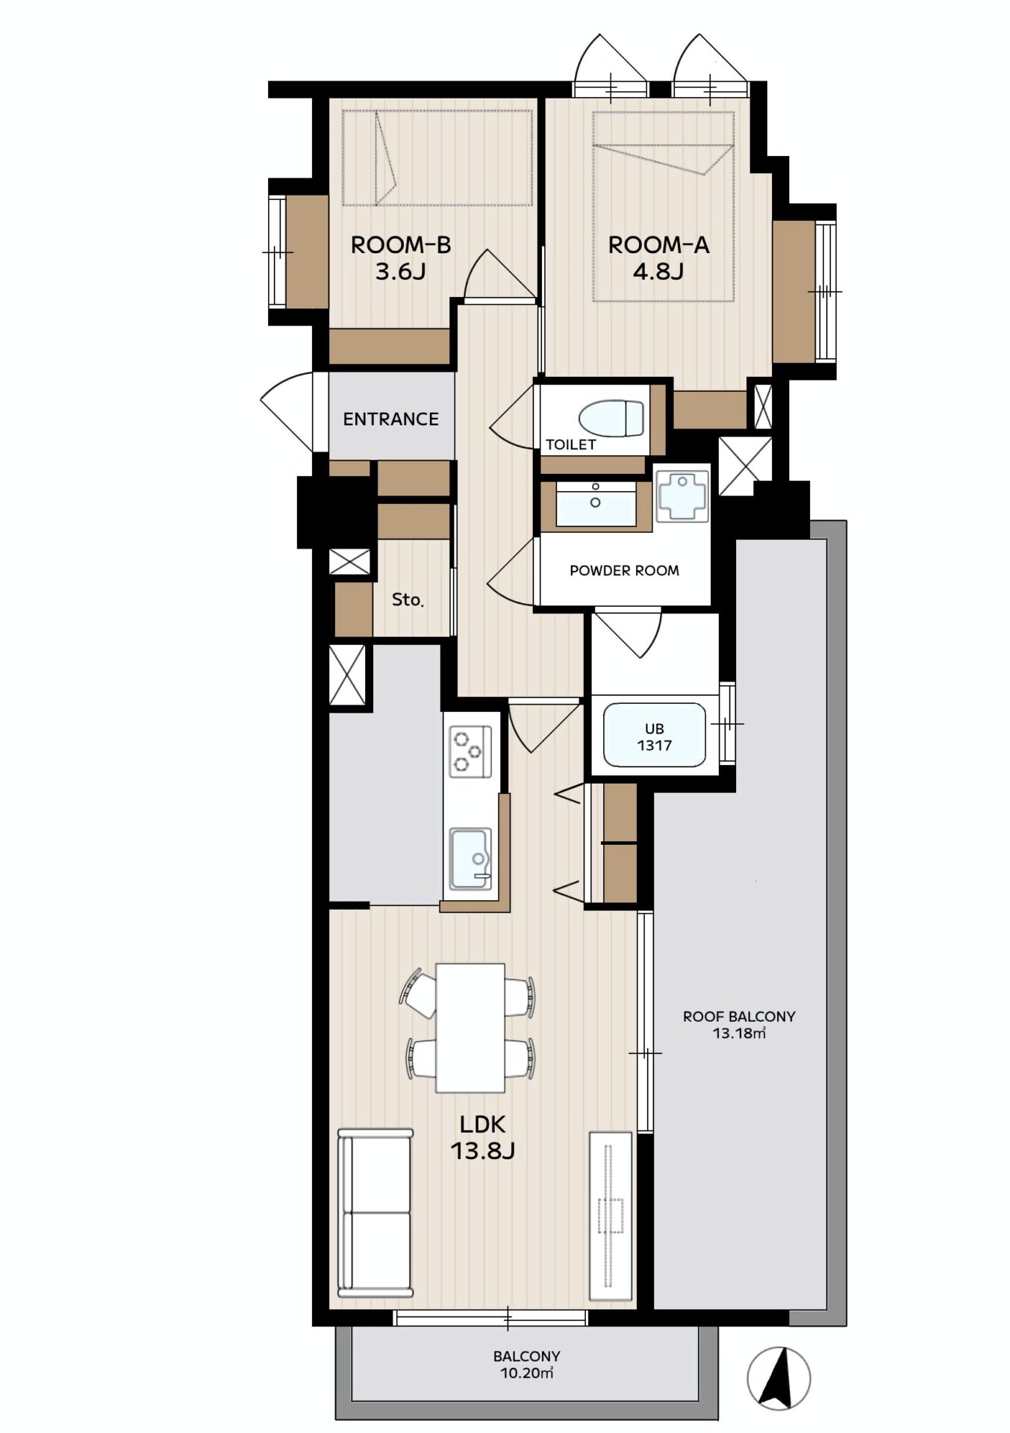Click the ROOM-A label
[658, 257]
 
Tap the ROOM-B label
[401, 257]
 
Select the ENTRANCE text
[390, 419]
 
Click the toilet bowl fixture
[611, 419]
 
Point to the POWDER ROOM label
[624, 571]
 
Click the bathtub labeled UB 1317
[655, 735]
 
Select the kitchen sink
[470, 858]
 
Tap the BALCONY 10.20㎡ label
[526, 1364]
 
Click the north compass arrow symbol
[779, 1379]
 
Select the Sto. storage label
[408, 599]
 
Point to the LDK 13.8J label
[483, 1137]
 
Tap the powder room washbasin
[596, 504]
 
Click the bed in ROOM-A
[663, 207]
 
